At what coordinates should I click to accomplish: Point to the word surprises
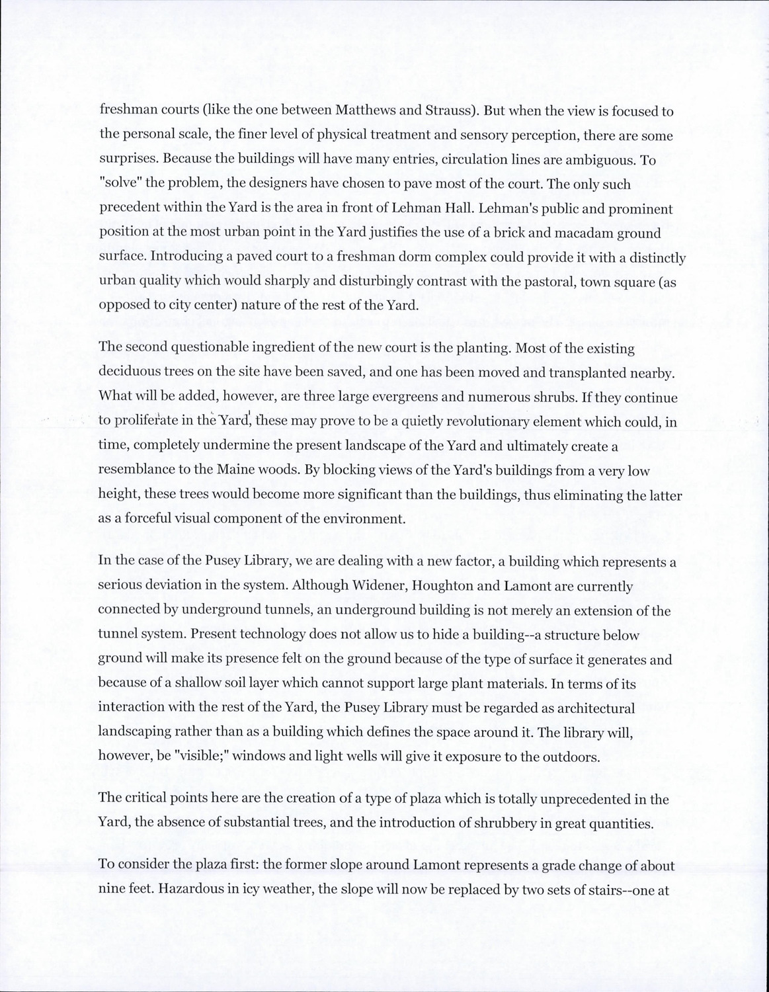[x=128, y=160]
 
